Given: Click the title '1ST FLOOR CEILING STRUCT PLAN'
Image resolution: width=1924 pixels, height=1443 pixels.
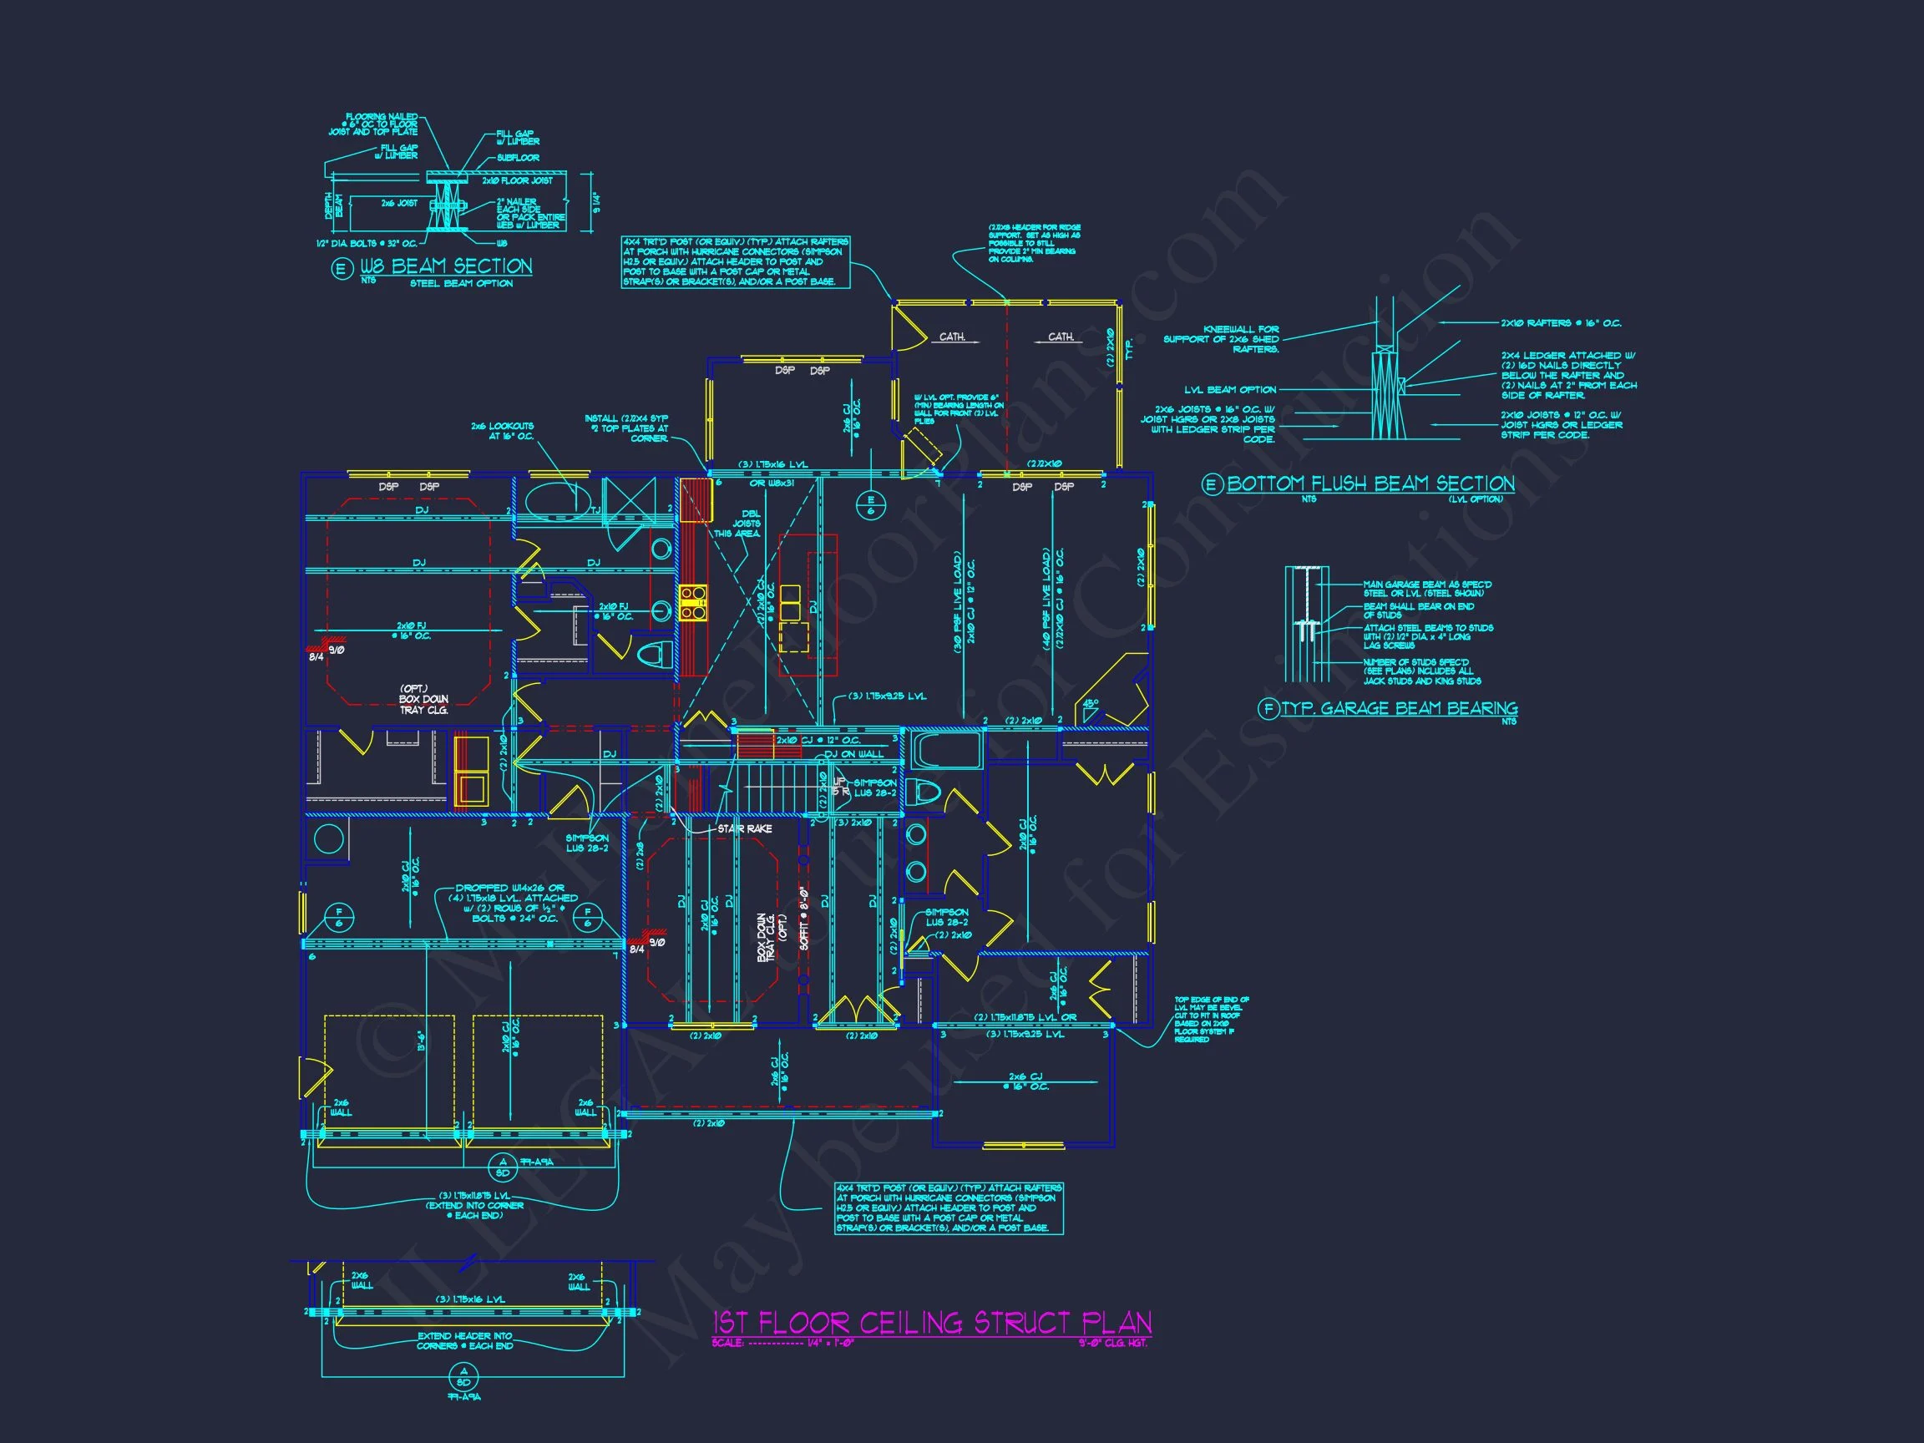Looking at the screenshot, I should coord(932,1323).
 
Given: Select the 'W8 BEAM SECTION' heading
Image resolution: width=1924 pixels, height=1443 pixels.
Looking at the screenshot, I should coord(445,266).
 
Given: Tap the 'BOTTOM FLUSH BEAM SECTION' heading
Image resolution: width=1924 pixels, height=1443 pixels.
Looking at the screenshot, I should coord(1370,484).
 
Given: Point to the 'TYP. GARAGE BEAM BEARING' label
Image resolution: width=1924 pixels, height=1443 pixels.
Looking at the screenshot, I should coord(1399,708).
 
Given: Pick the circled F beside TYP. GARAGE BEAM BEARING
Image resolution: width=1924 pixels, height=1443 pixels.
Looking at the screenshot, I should coord(1268,709).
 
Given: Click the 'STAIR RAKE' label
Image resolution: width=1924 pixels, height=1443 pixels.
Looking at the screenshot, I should coord(744,829).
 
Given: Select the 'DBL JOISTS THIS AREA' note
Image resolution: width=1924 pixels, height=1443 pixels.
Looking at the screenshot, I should coord(749,524).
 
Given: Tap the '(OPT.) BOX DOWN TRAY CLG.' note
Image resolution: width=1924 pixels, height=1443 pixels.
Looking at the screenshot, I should coord(423,699).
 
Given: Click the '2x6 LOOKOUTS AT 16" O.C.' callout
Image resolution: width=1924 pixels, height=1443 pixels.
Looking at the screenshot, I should coord(502,431).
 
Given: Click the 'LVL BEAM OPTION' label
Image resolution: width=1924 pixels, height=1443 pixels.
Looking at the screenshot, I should coord(1230,390).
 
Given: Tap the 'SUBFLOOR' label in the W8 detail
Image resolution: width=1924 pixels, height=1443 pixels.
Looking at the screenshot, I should coord(518,159).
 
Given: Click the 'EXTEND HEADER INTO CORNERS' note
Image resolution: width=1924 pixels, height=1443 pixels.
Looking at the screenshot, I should coord(464,1340).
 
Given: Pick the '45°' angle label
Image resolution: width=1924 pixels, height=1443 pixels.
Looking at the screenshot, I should coord(1091,703).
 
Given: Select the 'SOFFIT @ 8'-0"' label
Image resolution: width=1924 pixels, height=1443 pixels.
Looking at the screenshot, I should coord(803,917).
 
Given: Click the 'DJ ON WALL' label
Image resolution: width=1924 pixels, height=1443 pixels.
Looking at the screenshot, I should coord(853,754).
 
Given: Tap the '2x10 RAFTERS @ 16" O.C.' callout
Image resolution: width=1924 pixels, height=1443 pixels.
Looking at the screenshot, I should coord(1561,323).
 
